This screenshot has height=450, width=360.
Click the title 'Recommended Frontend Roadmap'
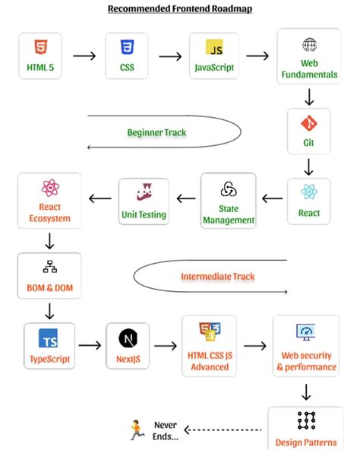point(180,9)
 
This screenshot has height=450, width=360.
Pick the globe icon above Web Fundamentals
point(309,45)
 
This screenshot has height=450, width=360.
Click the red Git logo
point(309,122)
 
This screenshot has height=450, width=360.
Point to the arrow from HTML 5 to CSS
point(84,55)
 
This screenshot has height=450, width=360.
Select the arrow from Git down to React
point(309,166)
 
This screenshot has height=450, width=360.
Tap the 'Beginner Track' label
point(156,132)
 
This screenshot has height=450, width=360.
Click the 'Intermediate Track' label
point(217,276)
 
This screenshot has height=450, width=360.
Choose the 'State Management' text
point(229,214)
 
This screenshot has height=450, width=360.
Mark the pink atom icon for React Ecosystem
point(50,187)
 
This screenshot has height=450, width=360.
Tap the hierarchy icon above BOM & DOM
point(50,267)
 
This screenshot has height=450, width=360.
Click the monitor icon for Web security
point(306,333)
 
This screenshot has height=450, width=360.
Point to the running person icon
point(137,431)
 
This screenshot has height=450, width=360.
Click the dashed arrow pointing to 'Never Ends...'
point(225,430)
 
